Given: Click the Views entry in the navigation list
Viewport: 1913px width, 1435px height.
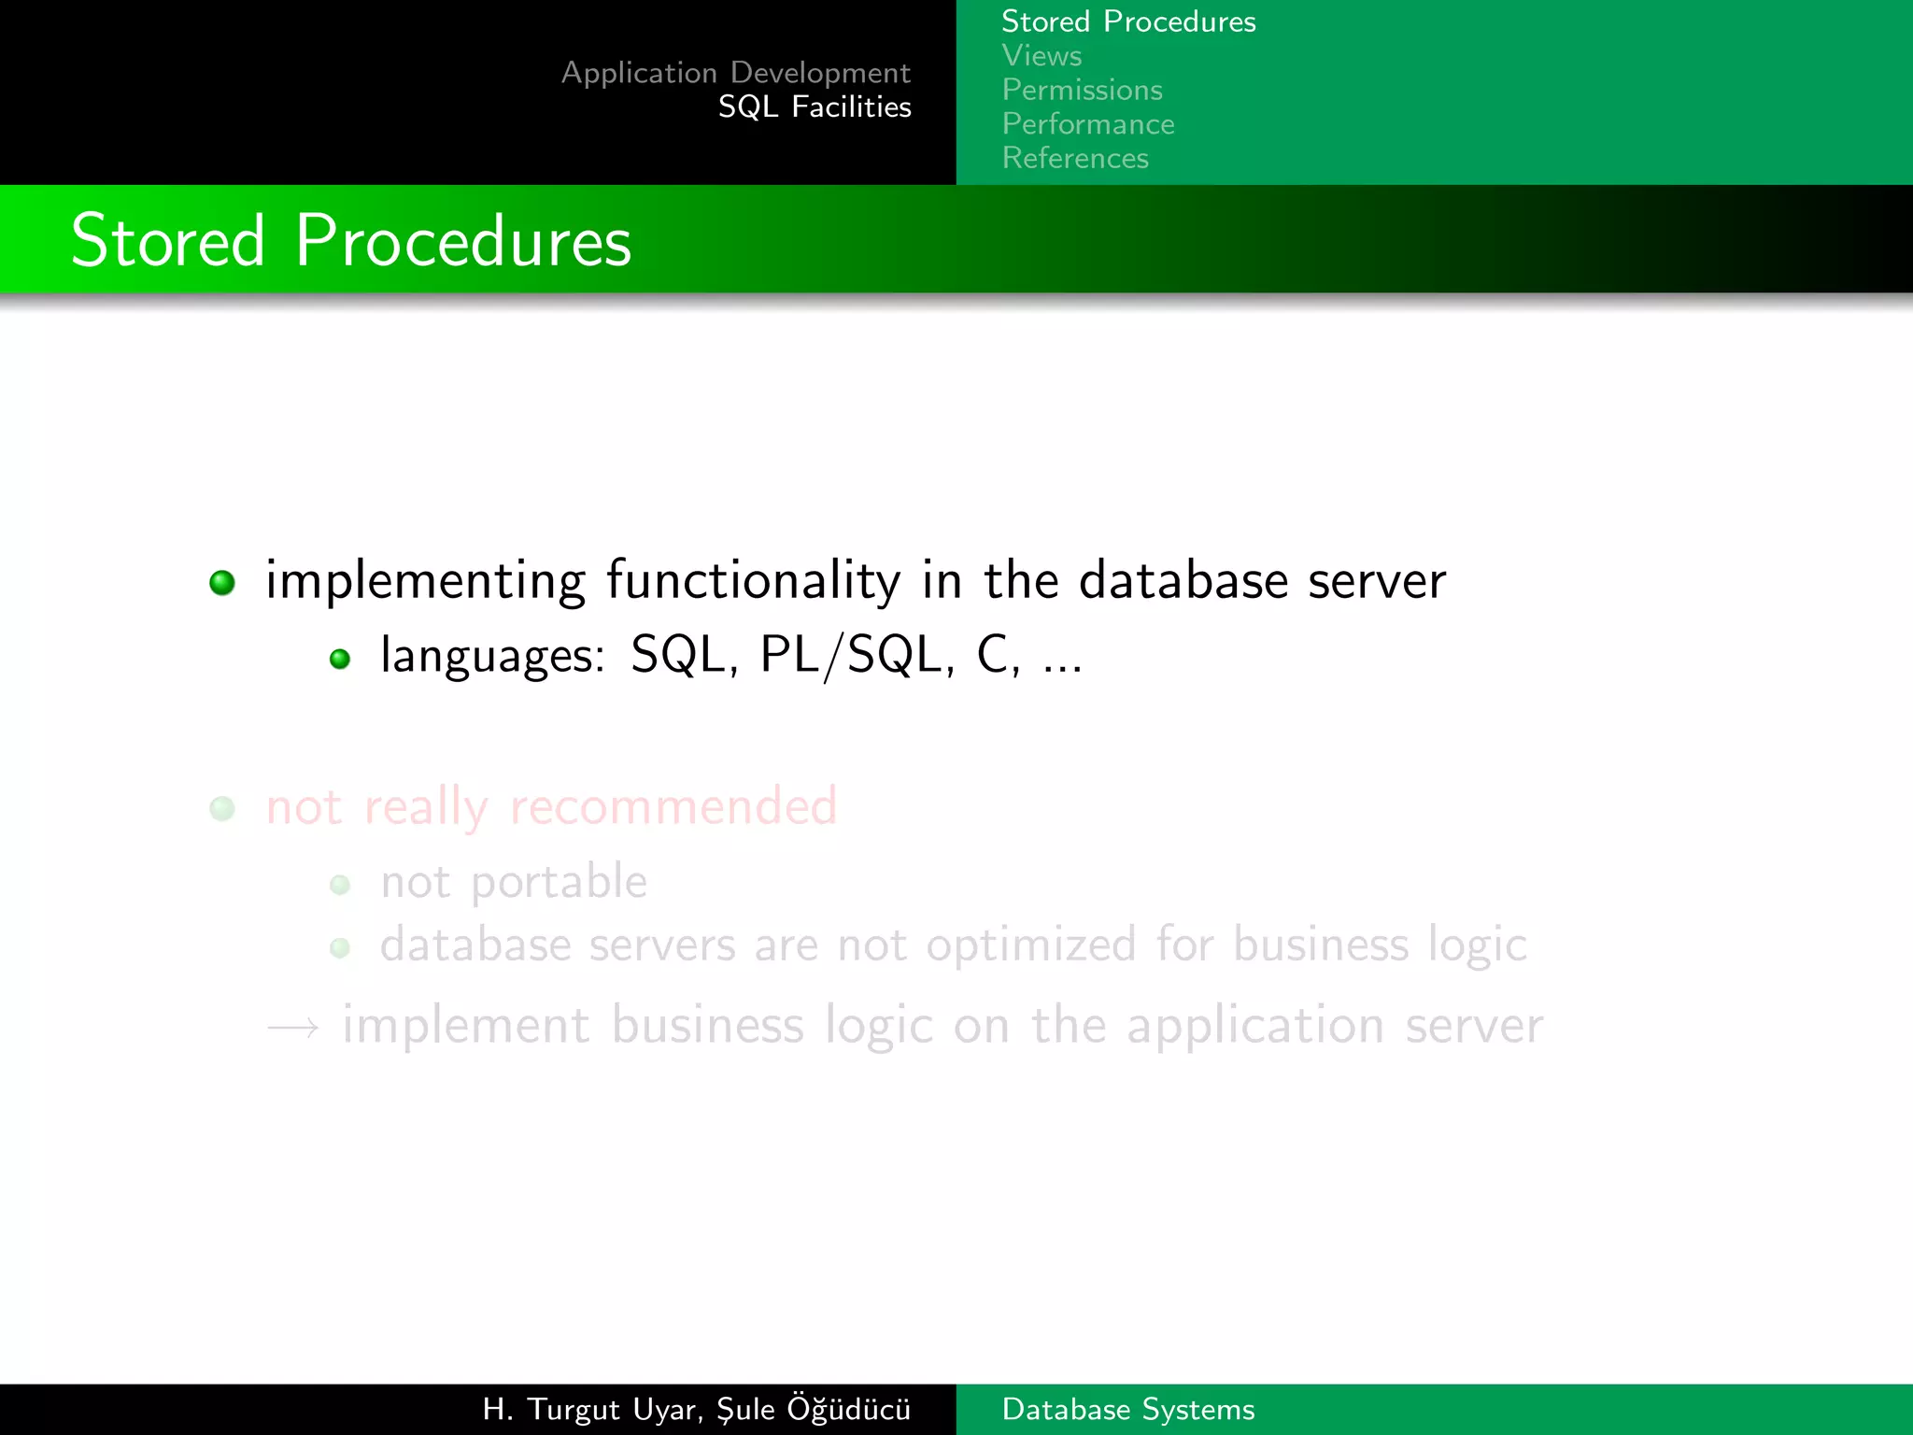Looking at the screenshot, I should [1042, 56].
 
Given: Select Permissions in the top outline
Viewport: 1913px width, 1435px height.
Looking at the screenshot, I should [1082, 90].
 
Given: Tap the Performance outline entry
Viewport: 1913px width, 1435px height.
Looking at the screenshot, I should [1087, 124].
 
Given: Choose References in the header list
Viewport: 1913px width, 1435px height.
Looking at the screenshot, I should [1074, 158].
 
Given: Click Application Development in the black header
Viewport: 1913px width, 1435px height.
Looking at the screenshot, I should [735, 73].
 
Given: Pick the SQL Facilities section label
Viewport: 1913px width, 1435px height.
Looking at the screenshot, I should [814, 107].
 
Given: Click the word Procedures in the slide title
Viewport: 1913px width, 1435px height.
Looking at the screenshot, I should [463, 241].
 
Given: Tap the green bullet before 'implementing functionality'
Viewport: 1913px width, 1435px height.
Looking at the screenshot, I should [222, 583].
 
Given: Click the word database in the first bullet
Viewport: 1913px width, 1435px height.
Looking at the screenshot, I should [1183, 580].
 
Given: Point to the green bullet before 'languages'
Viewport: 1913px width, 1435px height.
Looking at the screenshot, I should [340, 660].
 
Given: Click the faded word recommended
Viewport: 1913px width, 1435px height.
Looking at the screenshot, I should [673, 806].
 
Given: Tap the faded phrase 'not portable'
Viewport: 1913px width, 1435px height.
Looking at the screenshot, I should [513, 882].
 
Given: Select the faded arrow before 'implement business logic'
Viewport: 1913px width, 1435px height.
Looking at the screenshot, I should [292, 1029].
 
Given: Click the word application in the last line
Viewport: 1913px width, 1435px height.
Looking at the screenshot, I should [1254, 1026].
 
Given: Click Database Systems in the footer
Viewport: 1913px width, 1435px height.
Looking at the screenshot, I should [1127, 1409].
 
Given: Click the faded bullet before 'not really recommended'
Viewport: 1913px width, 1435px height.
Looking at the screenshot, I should [222, 808].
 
